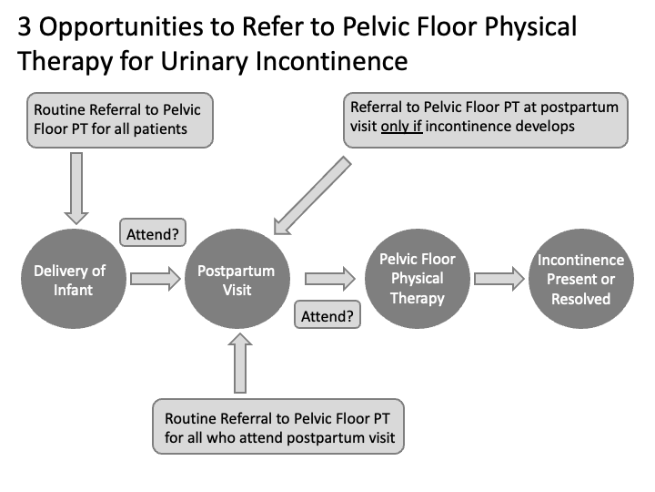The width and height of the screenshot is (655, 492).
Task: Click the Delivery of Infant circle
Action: click(70, 280)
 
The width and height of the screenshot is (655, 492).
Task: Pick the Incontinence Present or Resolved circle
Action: click(580, 280)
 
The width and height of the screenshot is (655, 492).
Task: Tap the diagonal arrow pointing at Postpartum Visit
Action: click(310, 195)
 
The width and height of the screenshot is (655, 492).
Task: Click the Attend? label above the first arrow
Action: click(152, 233)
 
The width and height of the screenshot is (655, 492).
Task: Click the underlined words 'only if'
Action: click(401, 127)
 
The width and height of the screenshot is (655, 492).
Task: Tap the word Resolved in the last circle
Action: click(580, 298)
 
